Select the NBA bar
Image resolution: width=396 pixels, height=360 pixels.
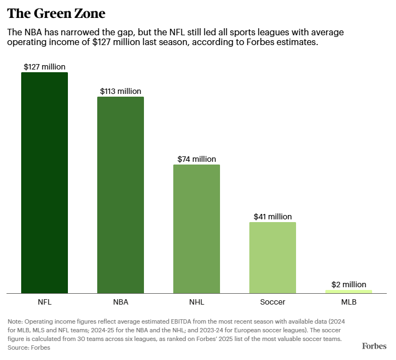[121, 195]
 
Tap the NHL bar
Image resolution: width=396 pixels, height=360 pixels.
[197, 229]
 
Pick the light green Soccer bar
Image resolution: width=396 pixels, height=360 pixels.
[273, 257]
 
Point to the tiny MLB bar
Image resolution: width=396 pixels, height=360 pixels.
[349, 292]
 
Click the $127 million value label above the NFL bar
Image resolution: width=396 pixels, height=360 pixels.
[45, 67]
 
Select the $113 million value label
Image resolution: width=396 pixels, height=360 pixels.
[121, 91]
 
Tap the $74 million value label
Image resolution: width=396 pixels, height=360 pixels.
[197, 159]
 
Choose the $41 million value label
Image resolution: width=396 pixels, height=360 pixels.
[273, 217]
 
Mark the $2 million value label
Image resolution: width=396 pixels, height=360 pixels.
[349, 285]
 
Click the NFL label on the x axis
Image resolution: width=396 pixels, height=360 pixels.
[45, 302]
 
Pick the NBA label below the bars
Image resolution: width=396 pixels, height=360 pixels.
[121, 302]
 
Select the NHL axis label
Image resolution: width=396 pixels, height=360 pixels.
[197, 302]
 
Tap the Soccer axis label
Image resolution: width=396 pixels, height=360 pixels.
[273, 302]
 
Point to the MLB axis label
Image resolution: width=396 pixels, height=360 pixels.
[349, 302]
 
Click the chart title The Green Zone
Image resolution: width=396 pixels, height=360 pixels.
[56, 13]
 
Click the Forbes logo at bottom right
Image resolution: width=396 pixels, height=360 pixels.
[374, 346]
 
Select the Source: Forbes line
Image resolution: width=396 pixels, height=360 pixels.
[29, 348]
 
